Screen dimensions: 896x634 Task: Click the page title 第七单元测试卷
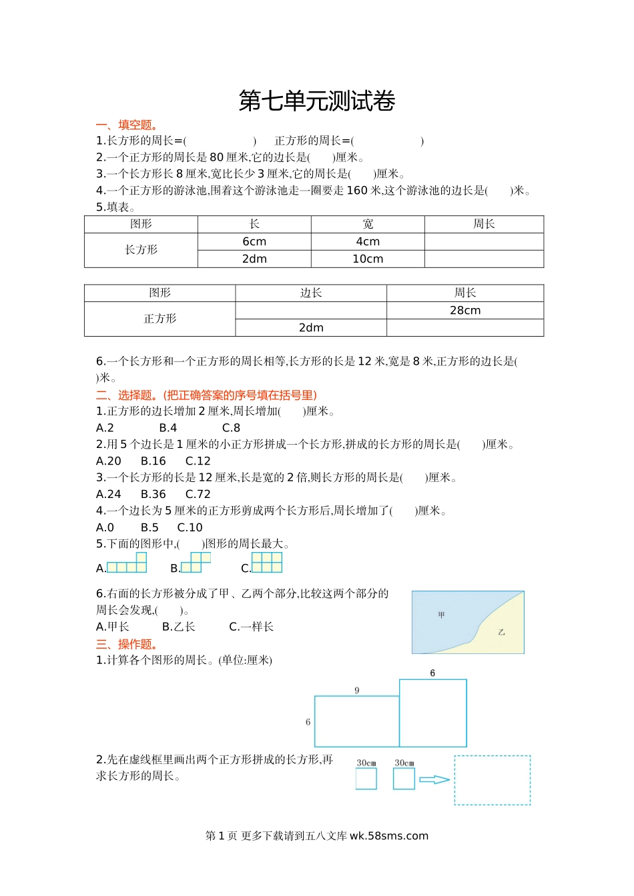[317, 101]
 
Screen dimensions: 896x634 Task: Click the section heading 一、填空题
[127, 125]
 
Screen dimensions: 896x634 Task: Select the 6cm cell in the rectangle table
[254, 241]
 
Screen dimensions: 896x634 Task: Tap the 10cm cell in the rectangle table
[368, 259]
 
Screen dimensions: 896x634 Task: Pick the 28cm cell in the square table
[465, 310]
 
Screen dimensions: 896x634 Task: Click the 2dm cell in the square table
[311, 327]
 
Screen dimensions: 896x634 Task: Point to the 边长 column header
[311, 293]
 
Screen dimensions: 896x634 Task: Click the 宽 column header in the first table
[368, 224]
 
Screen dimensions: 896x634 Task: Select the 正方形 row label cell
[160, 319]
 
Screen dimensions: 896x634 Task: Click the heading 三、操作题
[127, 644]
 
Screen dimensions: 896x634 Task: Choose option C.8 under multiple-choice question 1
[231, 428]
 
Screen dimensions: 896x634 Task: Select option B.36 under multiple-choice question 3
[153, 494]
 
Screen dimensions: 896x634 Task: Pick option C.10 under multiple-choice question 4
[190, 527]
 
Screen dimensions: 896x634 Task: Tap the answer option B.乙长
[179, 627]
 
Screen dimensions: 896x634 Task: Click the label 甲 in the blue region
[441, 615]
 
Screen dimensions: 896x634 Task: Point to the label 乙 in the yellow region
[501, 631]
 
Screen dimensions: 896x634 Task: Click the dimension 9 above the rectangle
[357, 690]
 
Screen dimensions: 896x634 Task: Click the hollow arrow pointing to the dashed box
[434, 779]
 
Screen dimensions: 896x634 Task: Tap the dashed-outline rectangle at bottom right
[493, 780]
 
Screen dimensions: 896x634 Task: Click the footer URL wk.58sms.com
[389, 836]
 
